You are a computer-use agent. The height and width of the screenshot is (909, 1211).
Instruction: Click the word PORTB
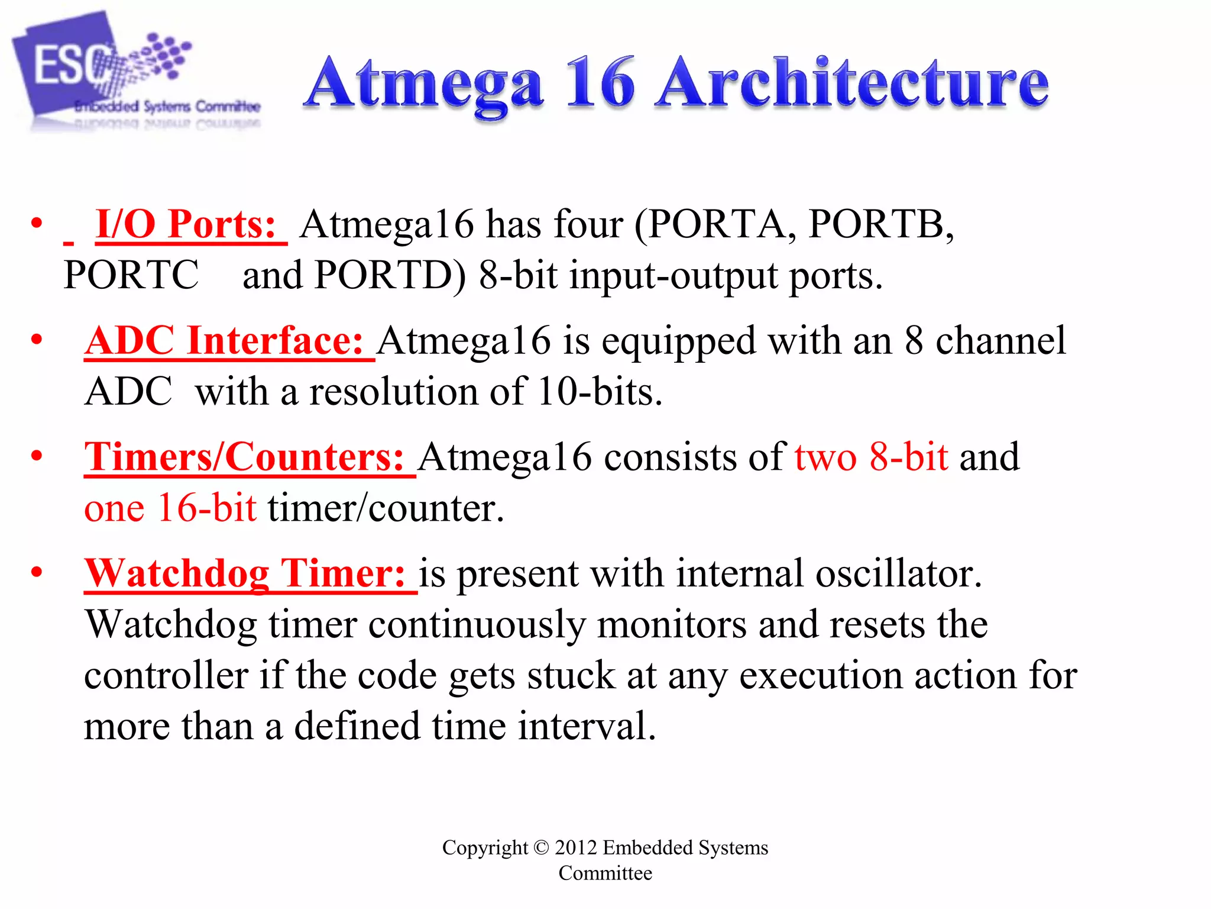click(880, 225)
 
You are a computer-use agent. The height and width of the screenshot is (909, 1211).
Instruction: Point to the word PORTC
click(131, 276)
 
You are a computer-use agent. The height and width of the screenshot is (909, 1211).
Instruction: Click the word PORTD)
click(390, 276)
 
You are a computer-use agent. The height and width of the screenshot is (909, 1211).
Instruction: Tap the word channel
click(1000, 341)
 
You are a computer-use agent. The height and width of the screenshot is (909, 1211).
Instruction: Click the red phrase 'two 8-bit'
click(871, 457)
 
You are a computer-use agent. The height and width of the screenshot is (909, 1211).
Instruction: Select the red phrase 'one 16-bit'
click(170, 508)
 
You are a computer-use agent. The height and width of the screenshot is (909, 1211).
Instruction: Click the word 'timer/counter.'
click(386, 508)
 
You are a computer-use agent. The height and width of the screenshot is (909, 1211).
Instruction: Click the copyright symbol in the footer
click(541, 847)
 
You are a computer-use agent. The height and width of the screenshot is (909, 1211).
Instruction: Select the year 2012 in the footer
click(575, 847)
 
